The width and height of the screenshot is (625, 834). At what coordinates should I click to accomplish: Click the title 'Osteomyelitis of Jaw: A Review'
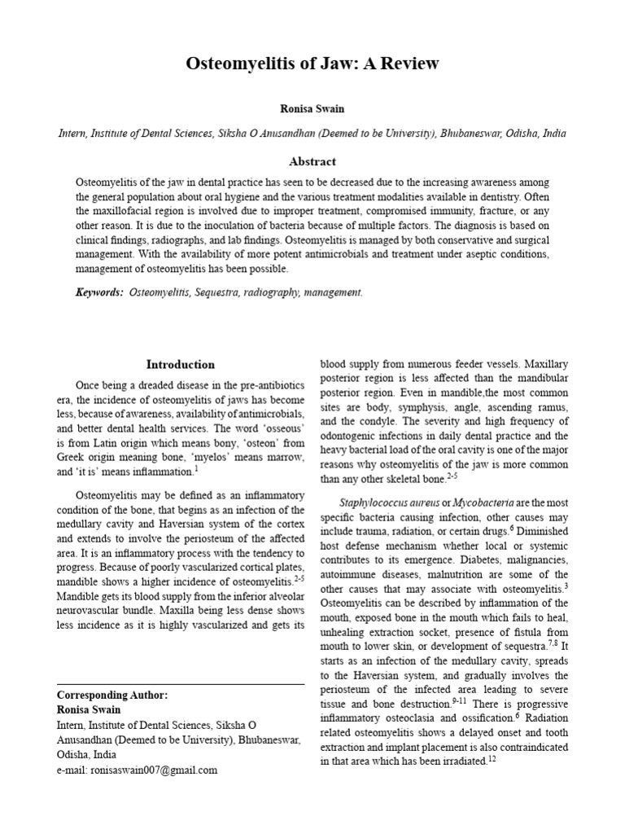pos(312,64)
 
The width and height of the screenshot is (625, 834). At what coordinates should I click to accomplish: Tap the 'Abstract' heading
pos(312,161)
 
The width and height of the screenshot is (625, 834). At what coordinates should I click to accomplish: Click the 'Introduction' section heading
pos(181,364)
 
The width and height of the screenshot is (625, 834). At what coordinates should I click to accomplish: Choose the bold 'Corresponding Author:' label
pos(111,695)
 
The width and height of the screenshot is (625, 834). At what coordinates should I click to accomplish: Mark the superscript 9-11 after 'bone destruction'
pos(461,700)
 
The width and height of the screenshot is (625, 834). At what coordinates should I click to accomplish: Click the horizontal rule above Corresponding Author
pos(181,684)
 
